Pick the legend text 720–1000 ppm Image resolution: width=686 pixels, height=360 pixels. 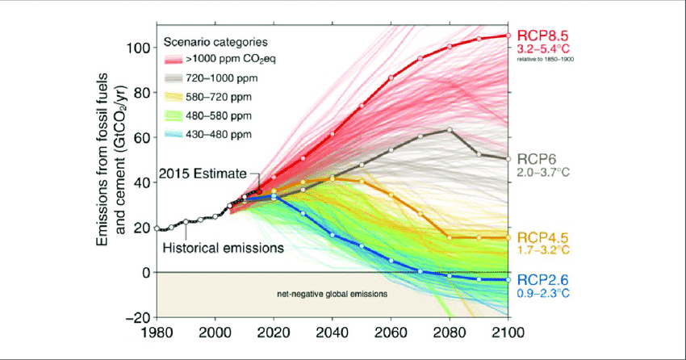218,77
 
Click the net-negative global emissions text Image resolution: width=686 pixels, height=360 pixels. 327,295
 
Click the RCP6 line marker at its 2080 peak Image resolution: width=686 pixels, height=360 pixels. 450,129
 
